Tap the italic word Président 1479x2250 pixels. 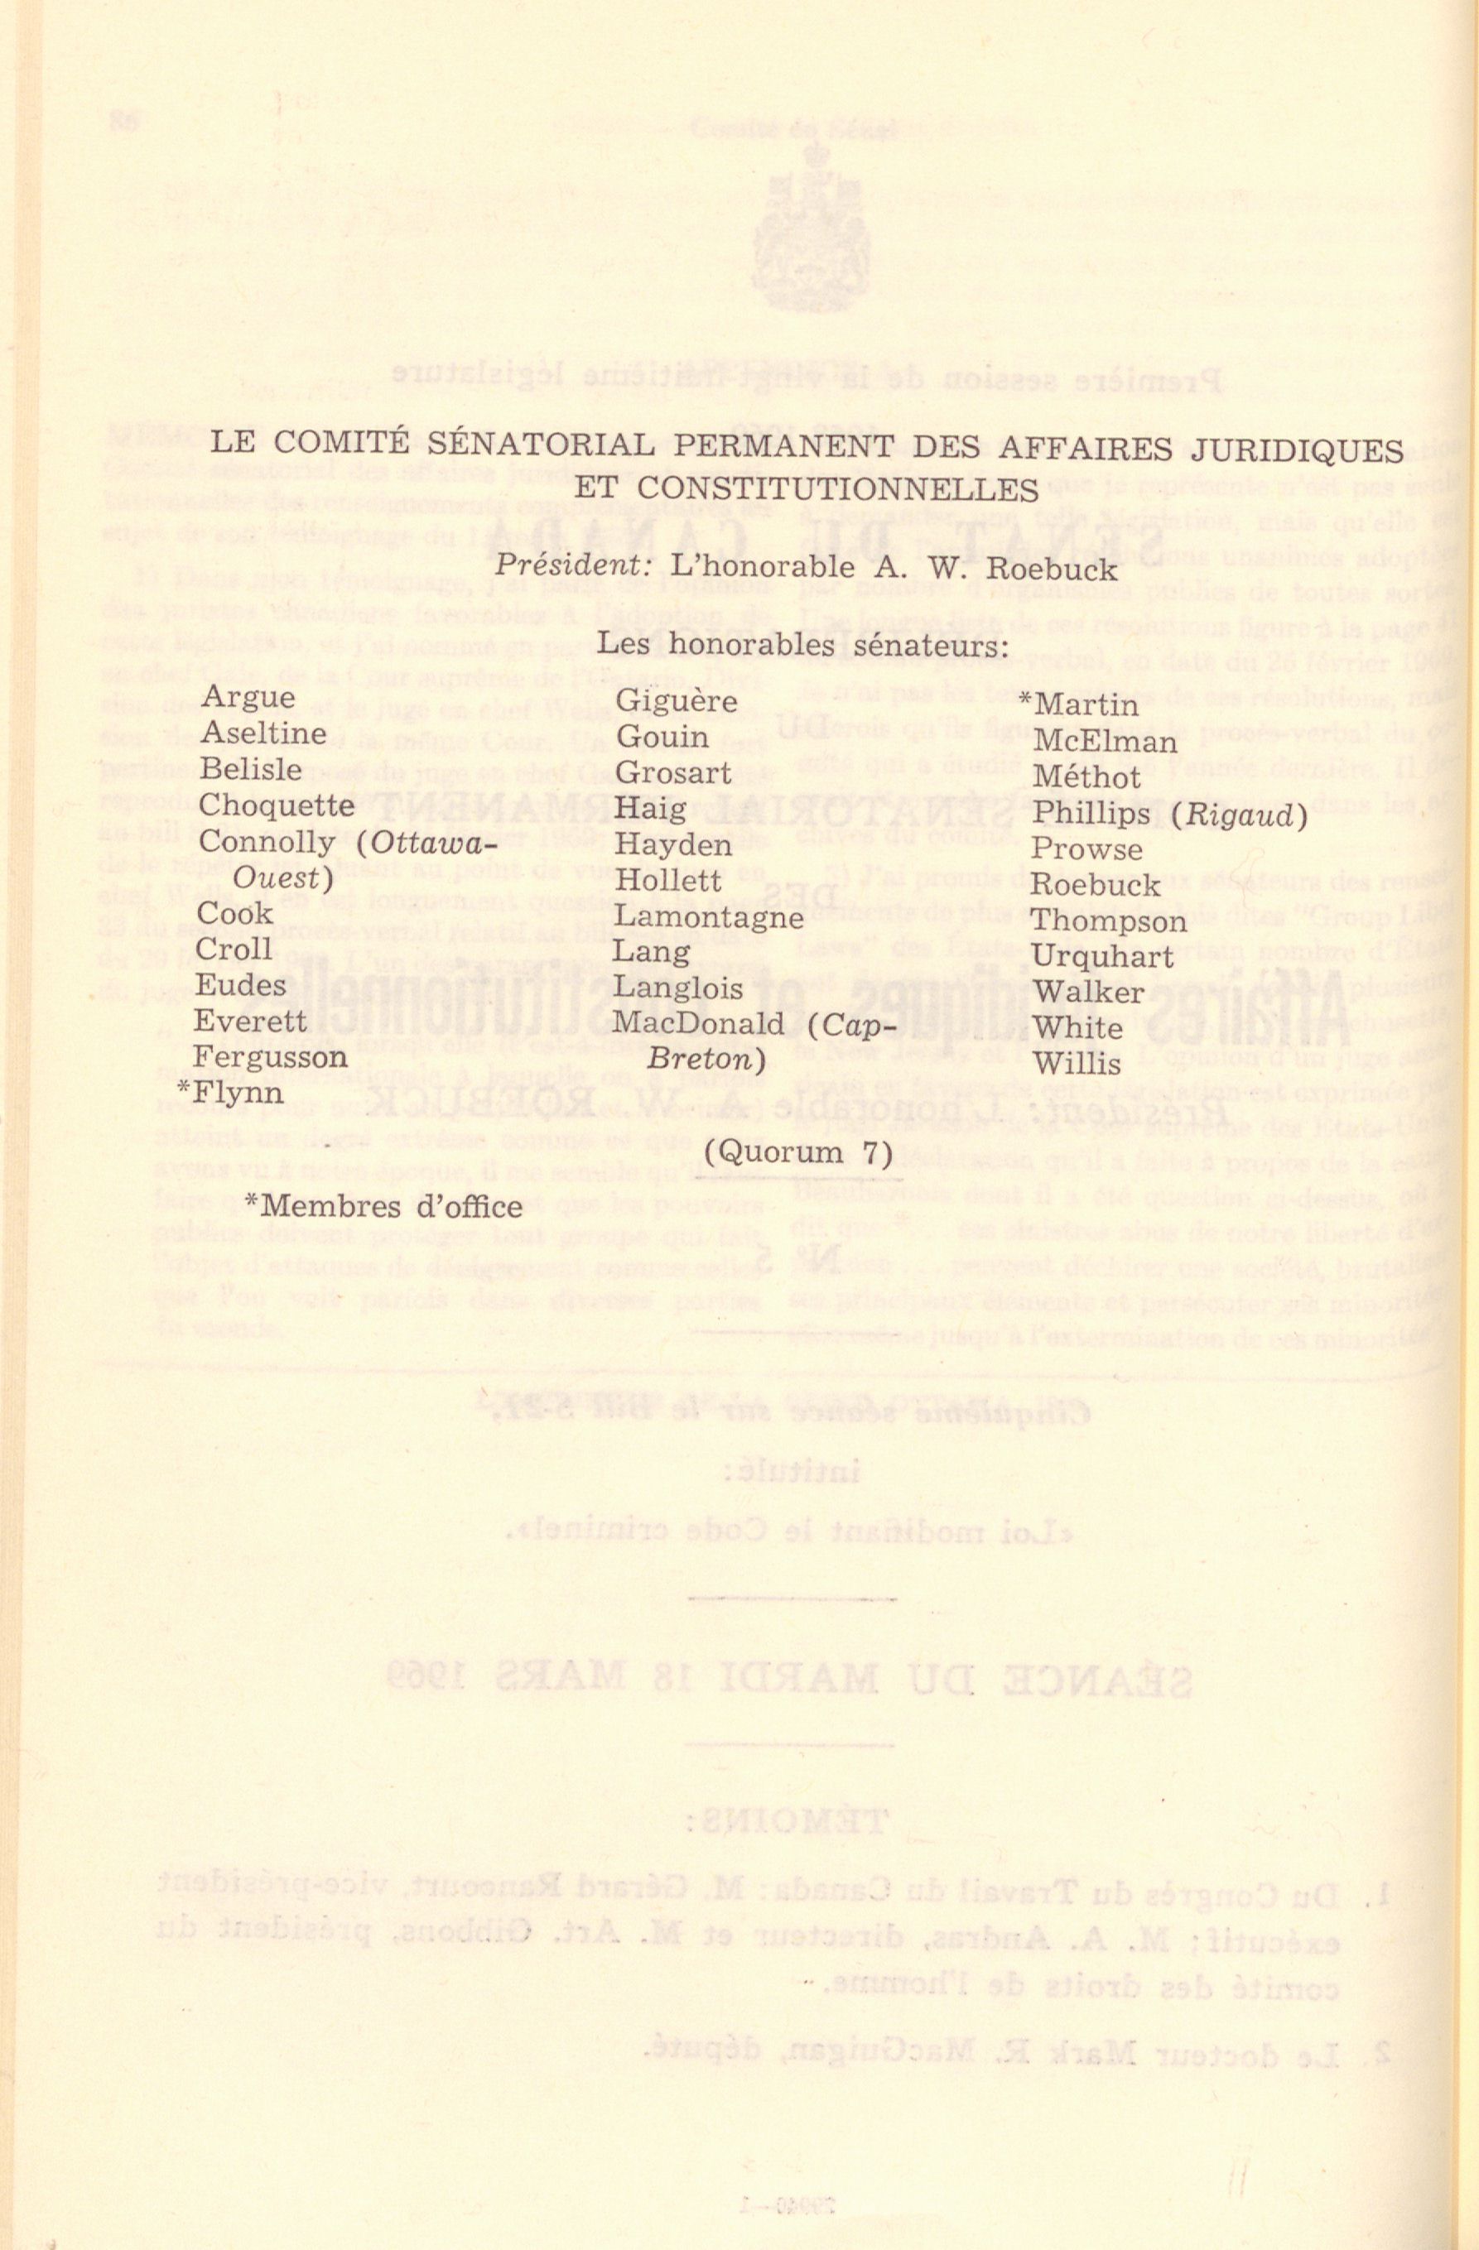[556, 570]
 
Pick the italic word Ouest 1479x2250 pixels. [281, 878]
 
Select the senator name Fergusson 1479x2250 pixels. [272, 1057]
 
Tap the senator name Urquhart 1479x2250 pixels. [1101, 957]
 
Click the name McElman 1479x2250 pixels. [1105, 742]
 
